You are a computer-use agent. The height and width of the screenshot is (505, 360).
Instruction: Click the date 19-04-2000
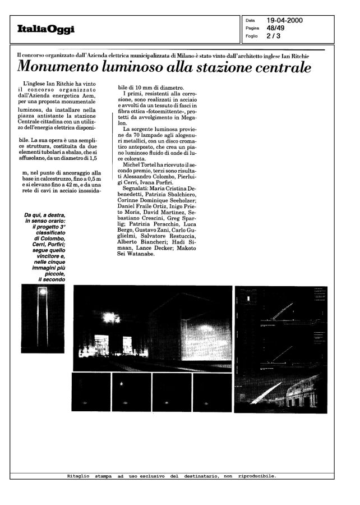tap(285, 21)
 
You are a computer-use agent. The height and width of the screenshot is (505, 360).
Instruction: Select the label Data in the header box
tap(251, 21)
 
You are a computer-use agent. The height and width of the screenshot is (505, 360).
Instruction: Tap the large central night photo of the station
tap(152, 328)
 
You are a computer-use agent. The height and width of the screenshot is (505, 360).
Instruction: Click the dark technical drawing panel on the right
tap(280, 349)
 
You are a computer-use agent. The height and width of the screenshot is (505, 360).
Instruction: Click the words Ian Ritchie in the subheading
tap(293, 55)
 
